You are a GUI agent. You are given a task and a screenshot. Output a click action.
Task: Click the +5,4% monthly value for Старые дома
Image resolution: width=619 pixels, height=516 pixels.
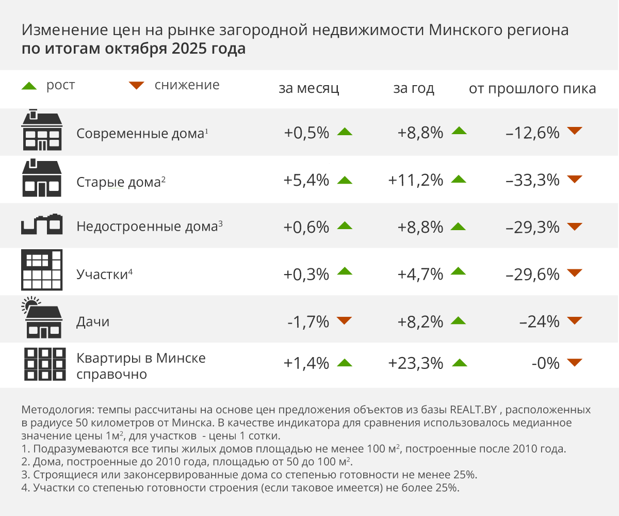coord(306,180)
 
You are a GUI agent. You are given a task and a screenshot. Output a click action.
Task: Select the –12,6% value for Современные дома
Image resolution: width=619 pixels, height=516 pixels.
coord(533,133)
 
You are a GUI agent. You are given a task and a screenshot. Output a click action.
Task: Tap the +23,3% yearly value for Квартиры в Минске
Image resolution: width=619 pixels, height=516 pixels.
coord(416,363)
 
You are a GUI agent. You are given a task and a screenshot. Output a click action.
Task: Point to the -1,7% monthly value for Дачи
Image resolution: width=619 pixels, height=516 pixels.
coord(308,322)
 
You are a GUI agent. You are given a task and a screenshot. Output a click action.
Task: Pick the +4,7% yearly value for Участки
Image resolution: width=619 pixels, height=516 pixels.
coord(420,274)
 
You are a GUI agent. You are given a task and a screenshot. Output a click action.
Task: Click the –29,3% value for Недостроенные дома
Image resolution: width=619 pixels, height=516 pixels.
coord(533,227)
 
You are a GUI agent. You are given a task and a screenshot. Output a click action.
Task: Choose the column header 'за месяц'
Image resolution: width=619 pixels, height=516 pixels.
coord(309,88)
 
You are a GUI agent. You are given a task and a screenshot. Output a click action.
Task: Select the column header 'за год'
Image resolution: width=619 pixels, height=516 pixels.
coord(414,88)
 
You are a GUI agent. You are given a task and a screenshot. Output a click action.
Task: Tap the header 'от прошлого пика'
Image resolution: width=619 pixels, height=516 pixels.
coord(532,88)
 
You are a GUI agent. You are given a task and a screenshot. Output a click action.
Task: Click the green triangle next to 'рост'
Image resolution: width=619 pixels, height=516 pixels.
coord(29,86)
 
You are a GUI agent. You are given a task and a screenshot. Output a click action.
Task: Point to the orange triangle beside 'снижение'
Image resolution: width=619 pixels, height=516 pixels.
coord(137,86)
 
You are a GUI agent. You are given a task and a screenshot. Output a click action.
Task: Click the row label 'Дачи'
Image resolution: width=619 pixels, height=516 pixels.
coord(93,322)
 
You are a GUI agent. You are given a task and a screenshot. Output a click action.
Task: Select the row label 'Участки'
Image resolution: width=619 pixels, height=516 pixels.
coord(102,274)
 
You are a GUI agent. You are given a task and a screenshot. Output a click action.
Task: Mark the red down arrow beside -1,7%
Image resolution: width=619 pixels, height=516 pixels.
coord(344,321)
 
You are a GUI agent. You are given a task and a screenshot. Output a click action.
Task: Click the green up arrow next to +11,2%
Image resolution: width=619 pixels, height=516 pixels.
coord(459,180)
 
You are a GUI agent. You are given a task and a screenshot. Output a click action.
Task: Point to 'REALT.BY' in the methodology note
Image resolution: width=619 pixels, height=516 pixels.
coord(473,411)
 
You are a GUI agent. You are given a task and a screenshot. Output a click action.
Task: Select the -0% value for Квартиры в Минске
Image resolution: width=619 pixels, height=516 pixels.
coord(545,363)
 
